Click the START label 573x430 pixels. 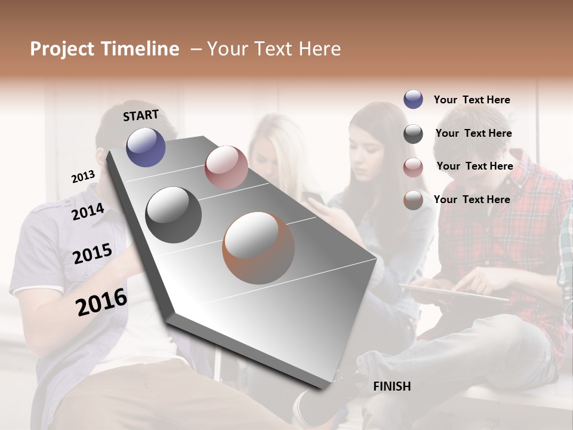(x=141, y=115)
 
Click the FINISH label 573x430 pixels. (x=392, y=386)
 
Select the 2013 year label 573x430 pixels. (x=83, y=177)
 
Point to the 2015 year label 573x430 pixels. (x=93, y=254)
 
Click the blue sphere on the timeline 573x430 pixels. (x=146, y=147)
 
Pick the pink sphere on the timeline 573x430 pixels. (x=226, y=167)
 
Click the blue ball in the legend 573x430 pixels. (x=413, y=100)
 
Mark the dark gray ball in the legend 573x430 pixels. (x=413, y=134)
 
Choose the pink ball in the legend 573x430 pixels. (x=413, y=167)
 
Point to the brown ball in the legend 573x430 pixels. (x=413, y=200)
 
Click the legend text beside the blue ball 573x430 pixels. (x=472, y=100)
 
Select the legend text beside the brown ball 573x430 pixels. (x=472, y=199)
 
